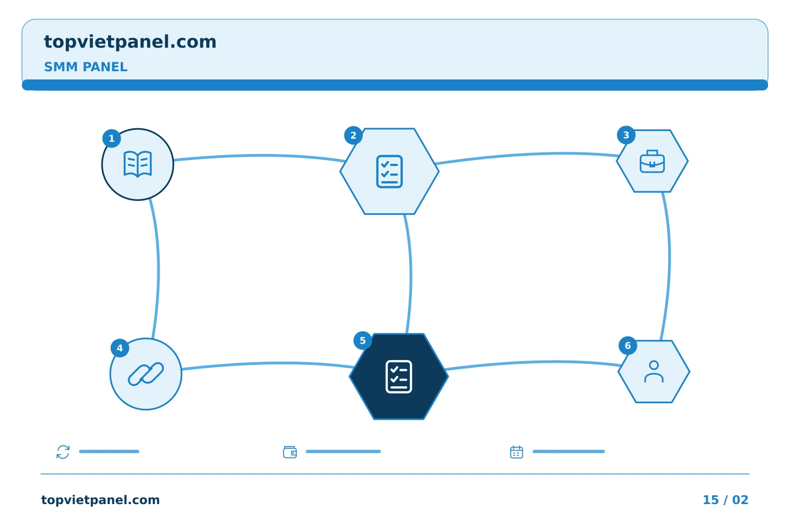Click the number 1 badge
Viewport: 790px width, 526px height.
[112, 139]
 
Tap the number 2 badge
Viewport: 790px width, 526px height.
[353, 135]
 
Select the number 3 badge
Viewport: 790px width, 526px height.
[627, 135]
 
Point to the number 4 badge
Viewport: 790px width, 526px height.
[120, 348]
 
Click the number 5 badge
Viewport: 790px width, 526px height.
[363, 341]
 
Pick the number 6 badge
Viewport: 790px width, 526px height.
[628, 346]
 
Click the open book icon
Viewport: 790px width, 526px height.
[138, 164]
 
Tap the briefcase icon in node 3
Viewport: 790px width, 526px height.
[652, 161]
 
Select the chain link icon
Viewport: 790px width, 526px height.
[146, 374]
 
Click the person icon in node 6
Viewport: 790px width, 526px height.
[654, 371]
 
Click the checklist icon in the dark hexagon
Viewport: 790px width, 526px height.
[399, 376]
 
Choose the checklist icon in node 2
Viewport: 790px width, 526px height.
[390, 171]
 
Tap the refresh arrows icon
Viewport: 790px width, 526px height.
[63, 452]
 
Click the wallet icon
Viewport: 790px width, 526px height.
[290, 452]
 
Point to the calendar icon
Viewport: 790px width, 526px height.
[517, 452]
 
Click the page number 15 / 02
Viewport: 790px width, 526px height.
[725, 500]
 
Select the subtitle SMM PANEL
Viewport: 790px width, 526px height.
[86, 67]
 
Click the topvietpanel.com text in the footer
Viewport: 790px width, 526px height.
[100, 500]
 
